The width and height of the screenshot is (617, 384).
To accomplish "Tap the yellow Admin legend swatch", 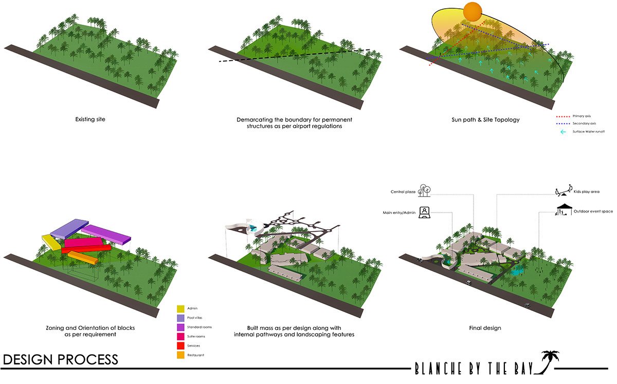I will [180, 309].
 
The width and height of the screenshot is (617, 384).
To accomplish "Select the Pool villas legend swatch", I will [180, 318].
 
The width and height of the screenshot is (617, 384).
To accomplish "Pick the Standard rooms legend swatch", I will [180, 327].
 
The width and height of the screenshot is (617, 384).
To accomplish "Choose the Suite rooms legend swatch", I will [180, 337].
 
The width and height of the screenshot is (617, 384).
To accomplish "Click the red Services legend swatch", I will [180, 346].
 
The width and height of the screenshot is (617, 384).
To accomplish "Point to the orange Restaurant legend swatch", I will [180, 355].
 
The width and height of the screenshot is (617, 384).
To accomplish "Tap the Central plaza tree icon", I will [425, 190].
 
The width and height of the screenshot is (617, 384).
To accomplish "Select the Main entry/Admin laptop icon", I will [425, 212].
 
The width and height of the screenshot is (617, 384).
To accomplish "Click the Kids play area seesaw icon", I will [564, 191].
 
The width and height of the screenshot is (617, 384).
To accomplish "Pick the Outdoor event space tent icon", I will [564, 210].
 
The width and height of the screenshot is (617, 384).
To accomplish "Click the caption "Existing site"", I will [90, 119].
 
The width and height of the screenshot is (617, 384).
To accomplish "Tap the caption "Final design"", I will [485, 328].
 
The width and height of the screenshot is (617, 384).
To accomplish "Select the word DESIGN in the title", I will [28, 359].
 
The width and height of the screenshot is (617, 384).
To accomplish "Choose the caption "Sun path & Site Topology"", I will [485, 119].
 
